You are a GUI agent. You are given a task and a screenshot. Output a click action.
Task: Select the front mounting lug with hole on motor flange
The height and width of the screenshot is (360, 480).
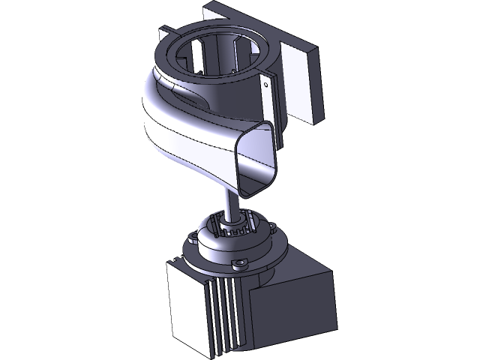[x=241, y=262]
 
